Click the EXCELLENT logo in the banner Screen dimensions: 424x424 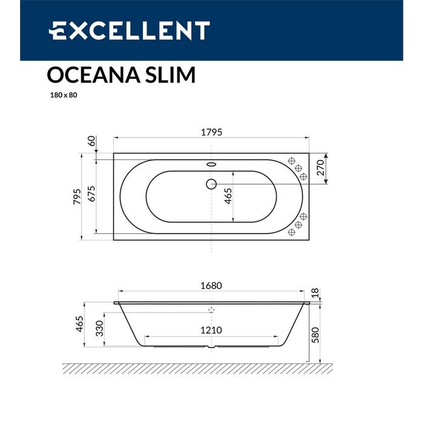[x=129, y=30]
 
